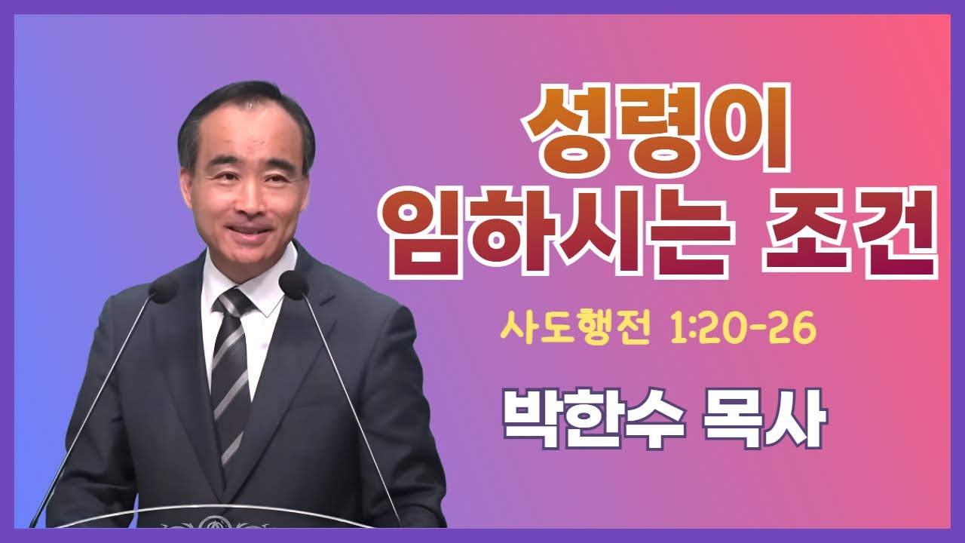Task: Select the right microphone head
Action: pos(293,284)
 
